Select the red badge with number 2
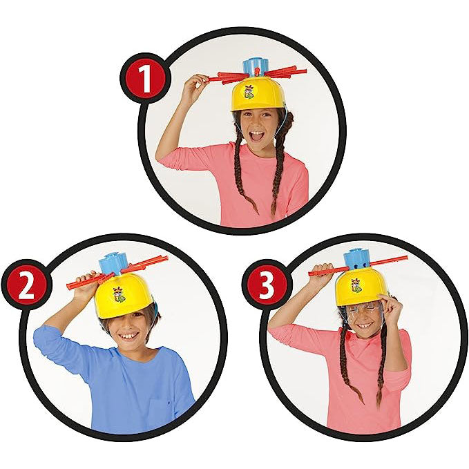coord(27,284)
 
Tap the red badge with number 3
coord(267,284)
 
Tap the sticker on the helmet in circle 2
coord(117,294)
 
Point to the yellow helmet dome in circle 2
coord(123,296)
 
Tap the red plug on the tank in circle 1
coord(257,71)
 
